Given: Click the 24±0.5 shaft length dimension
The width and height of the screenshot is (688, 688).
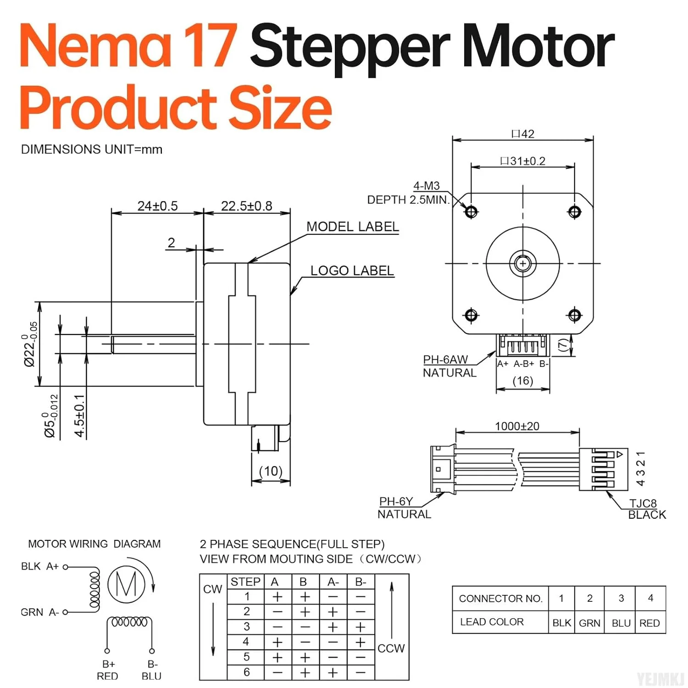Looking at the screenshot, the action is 157,206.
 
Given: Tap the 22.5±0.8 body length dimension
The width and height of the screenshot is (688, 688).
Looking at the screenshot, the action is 246,206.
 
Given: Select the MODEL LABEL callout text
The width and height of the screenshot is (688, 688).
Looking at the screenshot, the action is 352,227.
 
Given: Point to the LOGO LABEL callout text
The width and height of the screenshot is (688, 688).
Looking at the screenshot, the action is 352,271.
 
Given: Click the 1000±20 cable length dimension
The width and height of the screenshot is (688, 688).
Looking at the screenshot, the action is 517,426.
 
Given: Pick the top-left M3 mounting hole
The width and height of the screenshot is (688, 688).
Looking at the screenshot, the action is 471,211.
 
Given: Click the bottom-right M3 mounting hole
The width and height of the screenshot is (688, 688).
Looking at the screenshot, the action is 574,315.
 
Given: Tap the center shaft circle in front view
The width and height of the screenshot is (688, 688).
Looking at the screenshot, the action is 522,264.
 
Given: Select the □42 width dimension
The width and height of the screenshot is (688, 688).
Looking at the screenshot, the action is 523,134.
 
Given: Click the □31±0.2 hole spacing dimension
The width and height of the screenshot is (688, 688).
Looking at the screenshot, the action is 522,161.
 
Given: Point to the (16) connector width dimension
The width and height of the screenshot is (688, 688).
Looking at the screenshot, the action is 522,381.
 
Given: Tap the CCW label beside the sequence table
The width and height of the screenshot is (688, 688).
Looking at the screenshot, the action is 391,648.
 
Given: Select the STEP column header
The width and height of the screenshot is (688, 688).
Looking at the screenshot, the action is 245,582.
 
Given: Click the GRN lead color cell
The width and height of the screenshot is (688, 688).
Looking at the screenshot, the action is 589,623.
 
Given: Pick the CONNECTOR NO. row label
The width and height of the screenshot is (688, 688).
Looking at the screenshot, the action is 500,599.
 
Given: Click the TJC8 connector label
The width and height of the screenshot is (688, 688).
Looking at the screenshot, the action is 643,503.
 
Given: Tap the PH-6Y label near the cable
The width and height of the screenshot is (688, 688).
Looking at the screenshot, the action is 396,501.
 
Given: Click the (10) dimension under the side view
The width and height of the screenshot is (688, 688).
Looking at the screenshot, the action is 271,471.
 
